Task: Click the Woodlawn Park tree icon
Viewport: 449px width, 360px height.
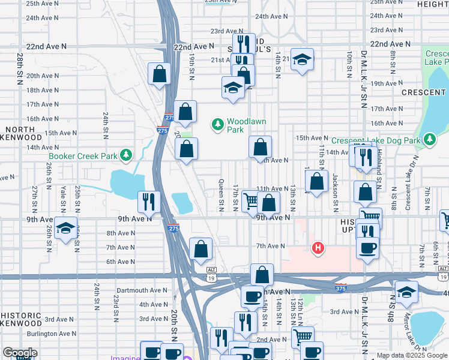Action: (217, 124)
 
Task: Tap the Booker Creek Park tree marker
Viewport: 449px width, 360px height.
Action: (125, 156)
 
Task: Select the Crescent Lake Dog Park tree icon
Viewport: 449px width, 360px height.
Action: (429, 140)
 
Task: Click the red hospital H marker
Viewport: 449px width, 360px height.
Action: (318, 247)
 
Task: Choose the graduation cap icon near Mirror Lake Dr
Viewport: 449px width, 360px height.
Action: (406, 292)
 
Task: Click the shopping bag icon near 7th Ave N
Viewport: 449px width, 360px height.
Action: (200, 248)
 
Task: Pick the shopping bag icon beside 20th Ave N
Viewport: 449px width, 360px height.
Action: (160, 74)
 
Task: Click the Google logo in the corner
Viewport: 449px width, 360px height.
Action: (20, 353)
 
